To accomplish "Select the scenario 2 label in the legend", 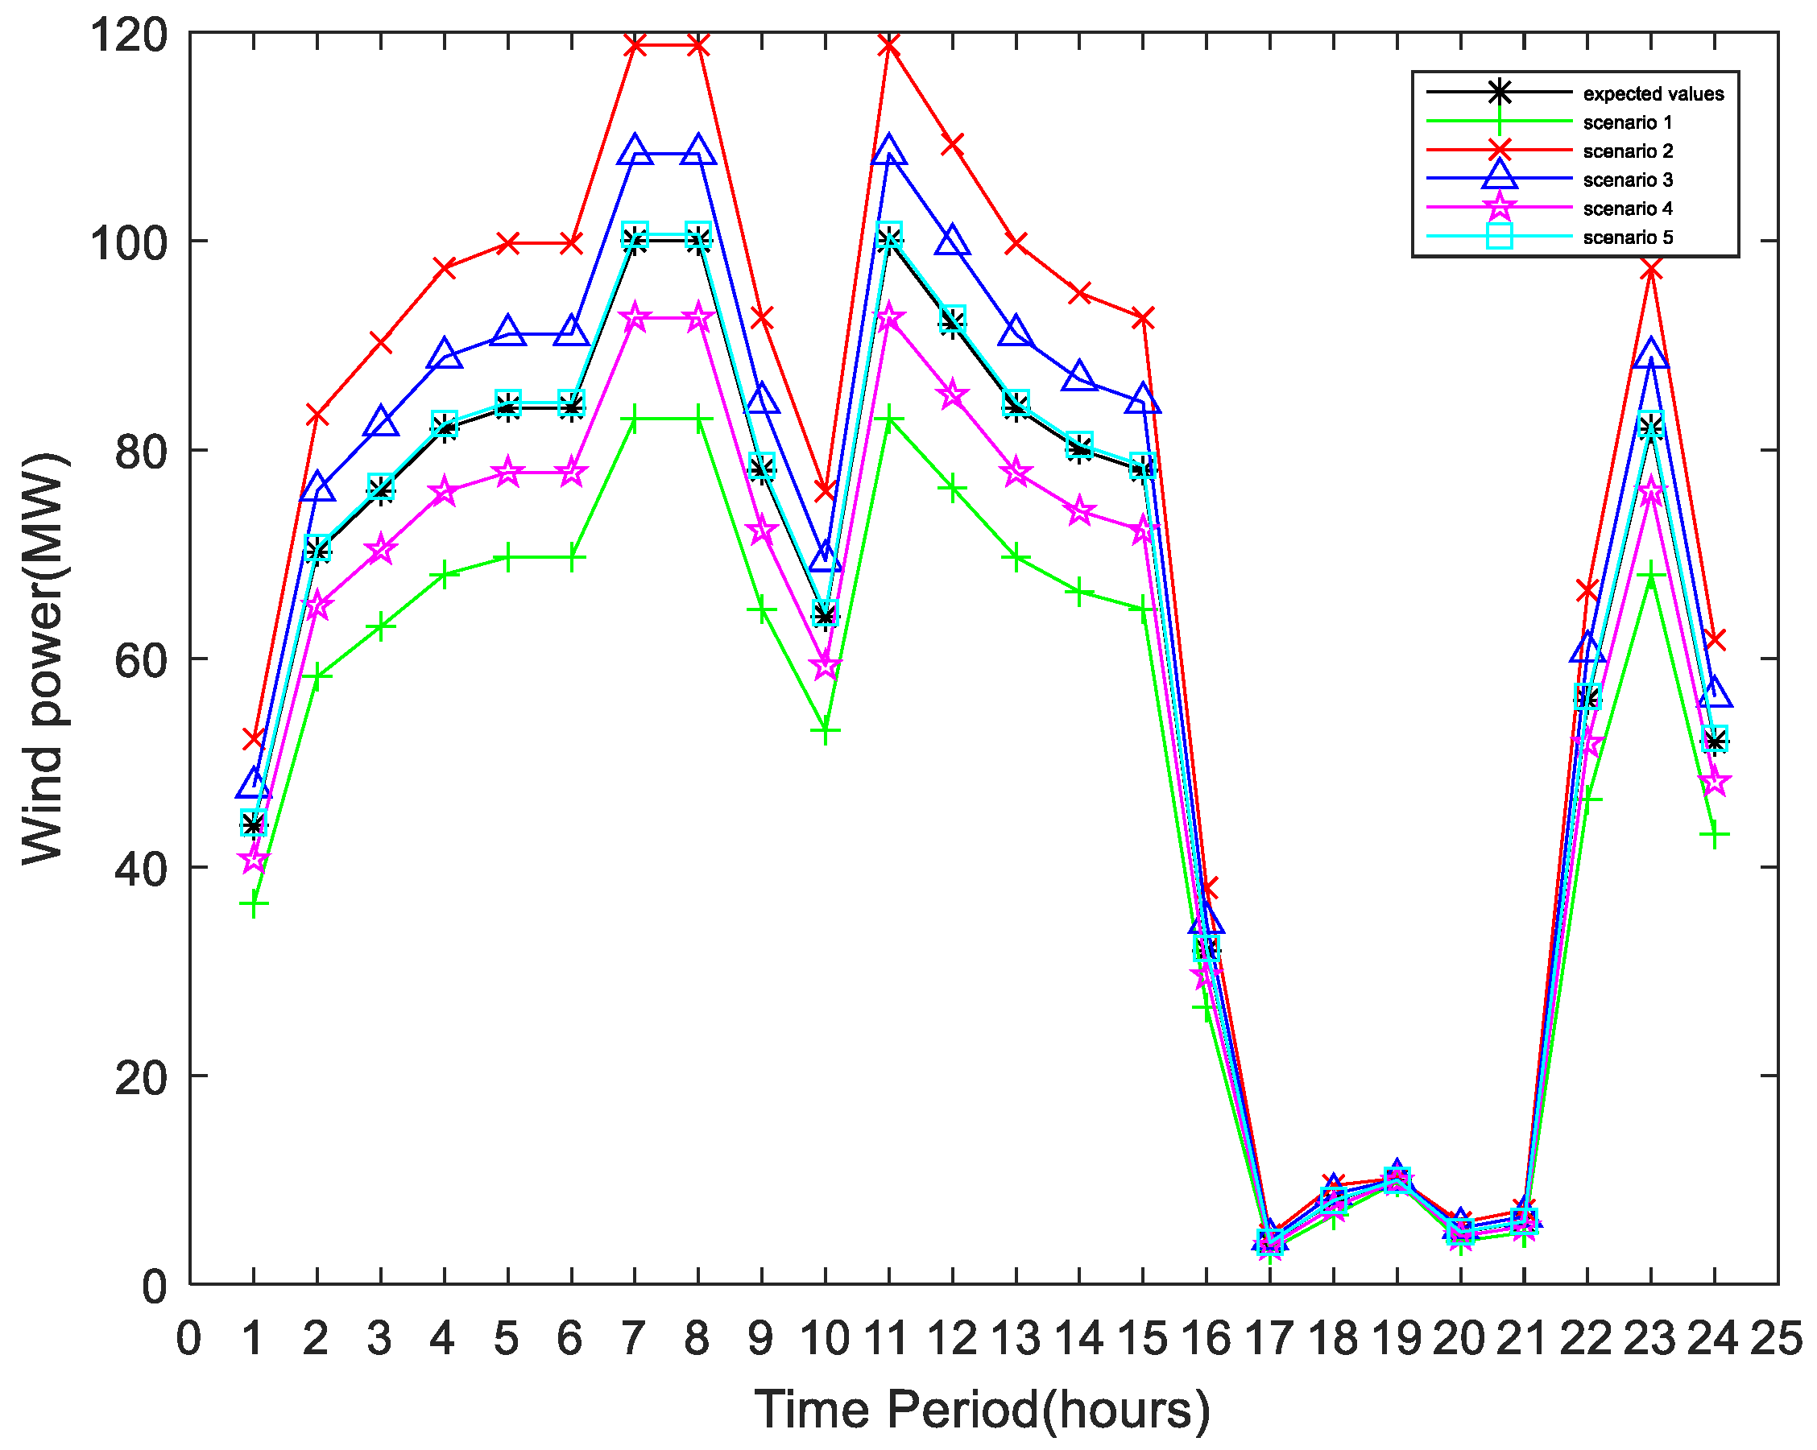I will click(1628, 151).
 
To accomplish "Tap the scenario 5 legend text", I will click(1628, 237).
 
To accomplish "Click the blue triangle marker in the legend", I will click(1500, 176).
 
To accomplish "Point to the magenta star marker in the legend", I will click(1500, 207).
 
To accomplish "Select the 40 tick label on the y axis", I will click(141, 868).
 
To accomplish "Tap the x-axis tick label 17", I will click(1269, 1338).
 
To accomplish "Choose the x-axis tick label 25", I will click(1777, 1338).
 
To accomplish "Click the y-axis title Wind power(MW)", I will click(43, 658).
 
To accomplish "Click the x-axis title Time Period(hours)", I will click(982, 1409).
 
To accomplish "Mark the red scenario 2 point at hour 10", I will click(825, 490).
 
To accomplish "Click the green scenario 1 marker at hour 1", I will click(254, 904).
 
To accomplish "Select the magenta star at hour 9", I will click(762, 530).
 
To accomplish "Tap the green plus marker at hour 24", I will click(1714, 835).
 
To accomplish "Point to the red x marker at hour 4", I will click(444, 268).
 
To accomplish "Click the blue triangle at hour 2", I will click(317, 487).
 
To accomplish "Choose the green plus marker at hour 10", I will click(825, 730).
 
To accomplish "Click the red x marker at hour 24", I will click(1714, 640).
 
